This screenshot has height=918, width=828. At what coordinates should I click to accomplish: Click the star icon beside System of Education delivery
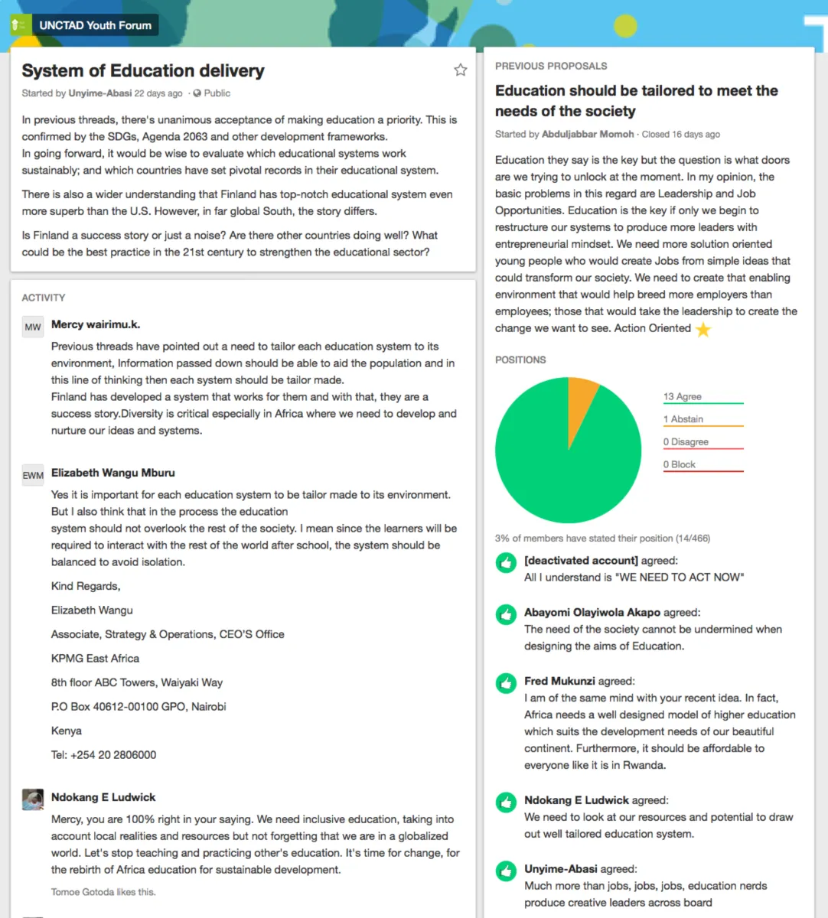tap(460, 70)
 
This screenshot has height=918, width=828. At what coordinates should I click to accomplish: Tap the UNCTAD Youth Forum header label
tap(95, 25)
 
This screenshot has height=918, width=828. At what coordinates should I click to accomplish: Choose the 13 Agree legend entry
tap(683, 396)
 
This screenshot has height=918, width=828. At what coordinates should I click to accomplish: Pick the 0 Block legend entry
tap(680, 464)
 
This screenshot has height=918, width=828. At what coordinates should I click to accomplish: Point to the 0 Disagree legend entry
tap(686, 442)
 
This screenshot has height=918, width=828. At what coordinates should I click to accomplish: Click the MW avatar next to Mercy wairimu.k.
tap(33, 327)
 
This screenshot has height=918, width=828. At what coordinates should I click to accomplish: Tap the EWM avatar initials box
tap(33, 475)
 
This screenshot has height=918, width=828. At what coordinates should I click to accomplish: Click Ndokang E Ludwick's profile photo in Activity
tap(33, 799)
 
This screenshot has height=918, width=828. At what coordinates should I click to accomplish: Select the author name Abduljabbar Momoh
tap(588, 135)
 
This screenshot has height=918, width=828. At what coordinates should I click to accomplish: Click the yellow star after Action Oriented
tap(703, 329)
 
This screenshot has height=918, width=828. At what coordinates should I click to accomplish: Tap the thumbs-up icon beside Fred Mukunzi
tap(506, 683)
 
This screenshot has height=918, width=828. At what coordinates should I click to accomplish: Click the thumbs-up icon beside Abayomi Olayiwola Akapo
tap(506, 614)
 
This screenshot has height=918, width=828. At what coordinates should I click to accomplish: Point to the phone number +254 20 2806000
tap(113, 755)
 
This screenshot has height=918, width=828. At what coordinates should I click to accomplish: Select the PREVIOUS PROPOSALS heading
tap(551, 67)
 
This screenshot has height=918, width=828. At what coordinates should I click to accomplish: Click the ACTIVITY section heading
tap(44, 298)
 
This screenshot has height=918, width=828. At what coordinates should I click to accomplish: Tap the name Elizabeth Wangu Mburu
tap(113, 473)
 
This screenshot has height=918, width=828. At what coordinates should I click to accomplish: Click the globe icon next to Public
tap(197, 93)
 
